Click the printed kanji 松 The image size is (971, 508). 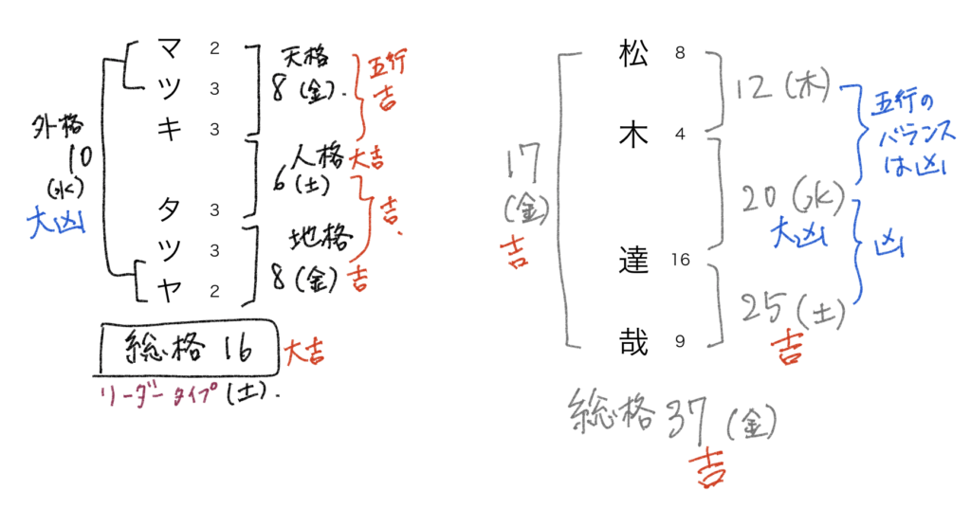coord(632,56)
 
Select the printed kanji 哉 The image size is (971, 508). coord(632,341)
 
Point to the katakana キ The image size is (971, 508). coord(168,130)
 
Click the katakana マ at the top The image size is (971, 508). coord(168,47)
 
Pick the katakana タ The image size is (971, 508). coord(168,209)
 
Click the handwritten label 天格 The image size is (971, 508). coord(303,59)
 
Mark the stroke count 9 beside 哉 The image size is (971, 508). coord(680,341)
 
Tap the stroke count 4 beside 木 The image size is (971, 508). coord(680,136)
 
